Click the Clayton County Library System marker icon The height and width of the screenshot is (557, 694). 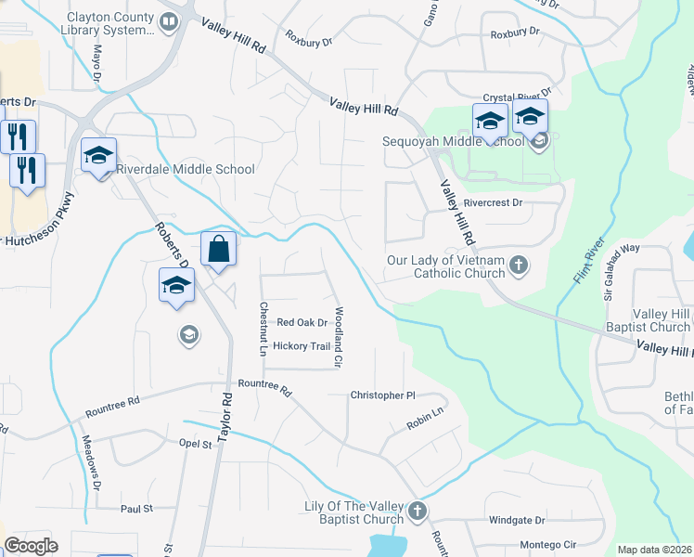(169, 23)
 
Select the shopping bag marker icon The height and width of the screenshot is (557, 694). (218, 249)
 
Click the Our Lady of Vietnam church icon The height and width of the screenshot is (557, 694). (519, 266)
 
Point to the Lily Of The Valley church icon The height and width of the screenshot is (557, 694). (418, 511)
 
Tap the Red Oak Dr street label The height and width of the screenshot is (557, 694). (302, 323)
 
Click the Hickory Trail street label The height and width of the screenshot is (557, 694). (302, 346)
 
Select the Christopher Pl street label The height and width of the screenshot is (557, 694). (382, 395)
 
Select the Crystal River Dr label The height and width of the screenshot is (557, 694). (518, 95)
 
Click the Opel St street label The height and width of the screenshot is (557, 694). (196, 445)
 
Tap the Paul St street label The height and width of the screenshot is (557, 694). (135, 509)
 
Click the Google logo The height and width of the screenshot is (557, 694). (31, 546)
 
